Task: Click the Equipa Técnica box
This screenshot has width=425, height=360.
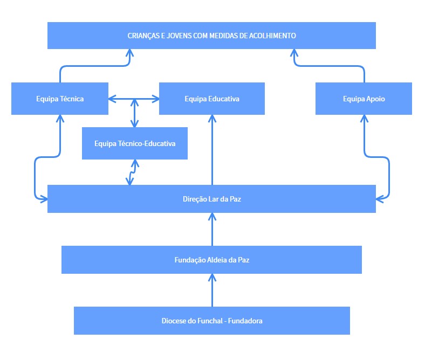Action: [59, 99]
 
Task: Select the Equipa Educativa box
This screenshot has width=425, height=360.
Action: [211, 99]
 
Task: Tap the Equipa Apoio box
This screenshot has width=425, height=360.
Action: [364, 99]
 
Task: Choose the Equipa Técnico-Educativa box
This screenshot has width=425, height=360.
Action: [134, 143]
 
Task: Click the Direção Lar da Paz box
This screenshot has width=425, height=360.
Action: [211, 199]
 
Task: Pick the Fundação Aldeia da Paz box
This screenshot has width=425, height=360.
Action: [211, 259]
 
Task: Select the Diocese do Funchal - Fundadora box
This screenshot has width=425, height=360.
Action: [211, 321]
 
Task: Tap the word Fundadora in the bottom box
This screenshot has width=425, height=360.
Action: [245, 321]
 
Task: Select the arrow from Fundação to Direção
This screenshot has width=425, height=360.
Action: [212, 229]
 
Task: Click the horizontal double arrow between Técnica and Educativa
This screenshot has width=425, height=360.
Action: [134, 99]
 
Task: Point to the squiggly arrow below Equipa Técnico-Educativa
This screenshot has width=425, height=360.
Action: [130, 172]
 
